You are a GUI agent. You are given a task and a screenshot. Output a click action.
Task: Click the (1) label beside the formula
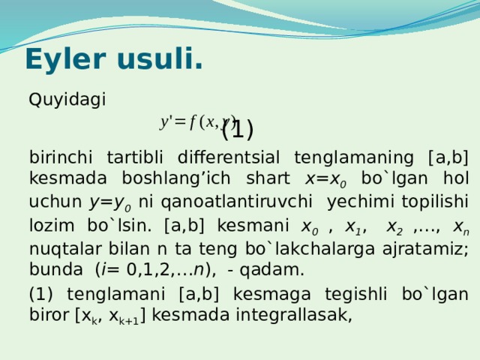point(238,130)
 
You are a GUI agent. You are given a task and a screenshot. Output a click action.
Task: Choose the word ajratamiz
point(427,248)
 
